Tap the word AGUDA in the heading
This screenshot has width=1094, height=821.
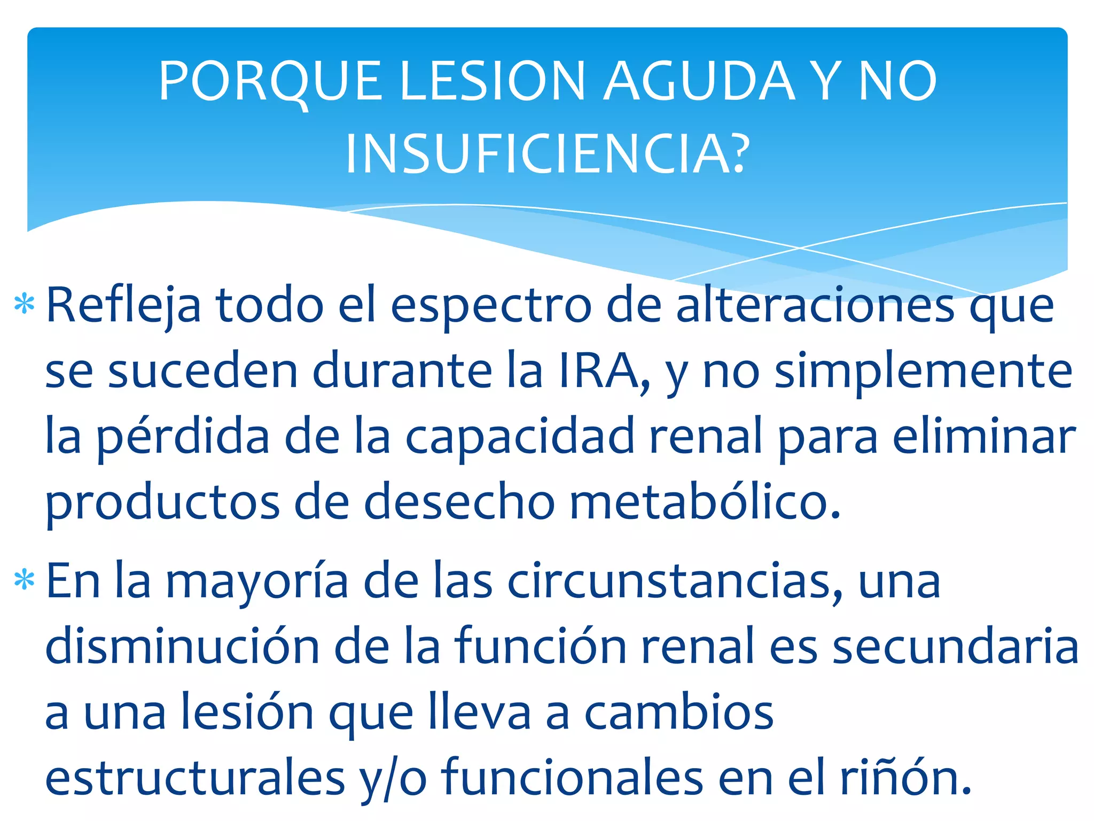click(x=699, y=81)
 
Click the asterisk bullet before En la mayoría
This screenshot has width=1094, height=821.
click(x=25, y=580)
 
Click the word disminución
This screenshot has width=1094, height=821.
click(x=182, y=647)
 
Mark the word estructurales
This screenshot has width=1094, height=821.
click(x=195, y=778)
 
